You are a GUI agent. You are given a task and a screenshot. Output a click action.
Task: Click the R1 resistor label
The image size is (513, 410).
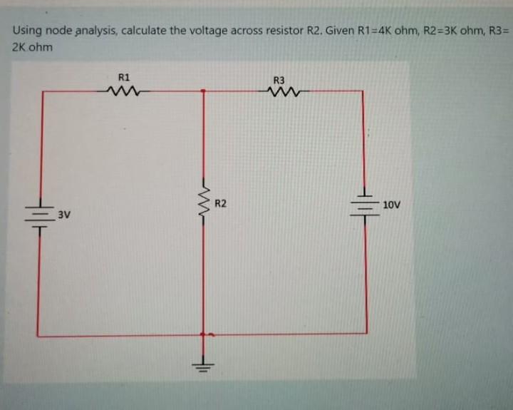click(x=124, y=77)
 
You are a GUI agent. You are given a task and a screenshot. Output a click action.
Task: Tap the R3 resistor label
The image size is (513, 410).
click(x=279, y=81)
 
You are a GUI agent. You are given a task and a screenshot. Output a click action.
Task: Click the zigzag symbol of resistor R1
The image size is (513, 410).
click(x=125, y=91)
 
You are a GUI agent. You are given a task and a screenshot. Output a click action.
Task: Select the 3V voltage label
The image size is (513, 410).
click(x=64, y=214)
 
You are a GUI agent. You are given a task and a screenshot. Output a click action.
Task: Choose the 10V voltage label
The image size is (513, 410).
click(x=392, y=205)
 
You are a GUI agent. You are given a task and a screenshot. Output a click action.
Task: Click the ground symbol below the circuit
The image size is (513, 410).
click(x=204, y=367)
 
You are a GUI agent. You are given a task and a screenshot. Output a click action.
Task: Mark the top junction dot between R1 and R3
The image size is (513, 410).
click(x=204, y=91)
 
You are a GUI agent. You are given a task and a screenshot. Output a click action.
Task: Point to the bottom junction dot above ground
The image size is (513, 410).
click(x=204, y=334)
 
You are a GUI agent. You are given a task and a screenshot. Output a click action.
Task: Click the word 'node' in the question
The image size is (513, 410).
click(x=56, y=31)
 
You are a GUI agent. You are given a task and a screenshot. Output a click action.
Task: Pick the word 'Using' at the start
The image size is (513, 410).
click(x=26, y=31)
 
